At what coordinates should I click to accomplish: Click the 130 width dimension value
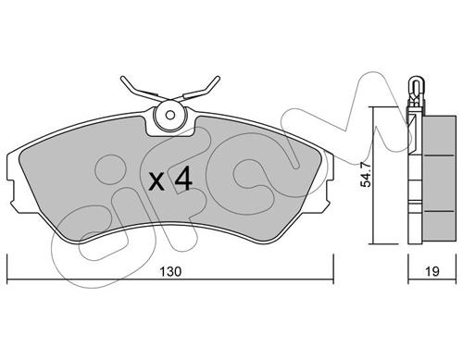click(x=170, y=272)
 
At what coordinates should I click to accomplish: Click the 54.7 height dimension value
click(x=367, y=175)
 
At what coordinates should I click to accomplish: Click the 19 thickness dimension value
click(x=432, y=272)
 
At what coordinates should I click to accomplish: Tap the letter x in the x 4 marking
click(x=156, y=182)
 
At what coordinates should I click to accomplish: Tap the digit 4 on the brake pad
click(x=183, y=180)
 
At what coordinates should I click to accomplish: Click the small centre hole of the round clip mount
click(x=170, y=116)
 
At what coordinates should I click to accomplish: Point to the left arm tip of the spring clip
click(x=122, y=79)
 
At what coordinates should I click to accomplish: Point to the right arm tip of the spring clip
click(x=218, y=78)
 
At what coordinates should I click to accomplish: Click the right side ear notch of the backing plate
click(x=329, y=191)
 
